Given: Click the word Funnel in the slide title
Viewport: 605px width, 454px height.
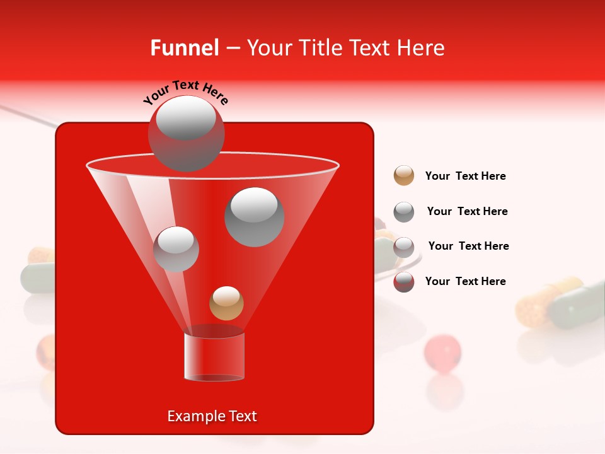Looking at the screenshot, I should (184, 48).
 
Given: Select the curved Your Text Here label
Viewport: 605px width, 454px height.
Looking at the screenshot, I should (185, 93).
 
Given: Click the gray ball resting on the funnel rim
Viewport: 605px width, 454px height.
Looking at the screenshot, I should (186, 133).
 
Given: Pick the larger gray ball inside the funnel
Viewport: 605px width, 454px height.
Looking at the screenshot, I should (254, 217).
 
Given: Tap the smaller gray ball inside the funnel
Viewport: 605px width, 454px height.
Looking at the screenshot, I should (176, 249).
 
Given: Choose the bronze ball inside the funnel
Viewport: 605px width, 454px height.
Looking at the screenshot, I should (226, 303).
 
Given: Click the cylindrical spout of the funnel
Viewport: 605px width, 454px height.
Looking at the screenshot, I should (214, 356).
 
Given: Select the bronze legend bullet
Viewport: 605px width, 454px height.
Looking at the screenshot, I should (404, 176).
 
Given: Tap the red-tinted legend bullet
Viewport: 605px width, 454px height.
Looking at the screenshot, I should (404, 282).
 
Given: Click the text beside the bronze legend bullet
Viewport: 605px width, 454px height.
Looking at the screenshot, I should (465, 176).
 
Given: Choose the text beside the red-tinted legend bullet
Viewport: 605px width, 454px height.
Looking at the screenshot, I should (465, 281).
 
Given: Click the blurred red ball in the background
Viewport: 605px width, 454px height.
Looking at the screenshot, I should (442, 350).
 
